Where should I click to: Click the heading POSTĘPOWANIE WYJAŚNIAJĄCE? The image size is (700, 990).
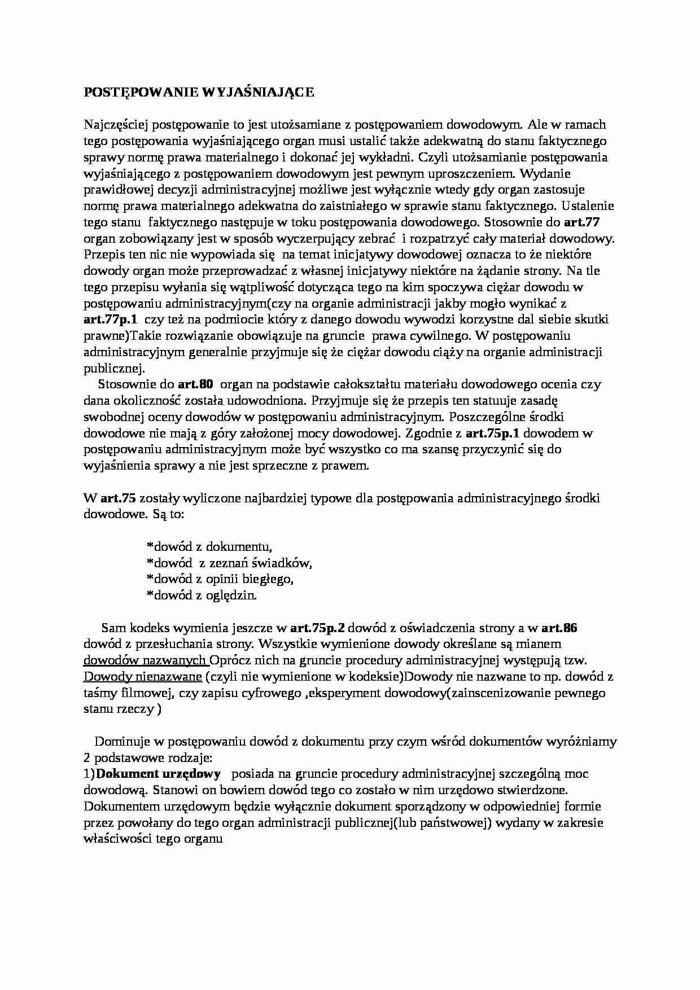[199, 93]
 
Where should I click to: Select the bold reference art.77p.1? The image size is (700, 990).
[110, 319]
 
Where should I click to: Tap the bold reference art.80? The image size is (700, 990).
[195, 385]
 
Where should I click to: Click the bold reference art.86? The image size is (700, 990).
[559, 628]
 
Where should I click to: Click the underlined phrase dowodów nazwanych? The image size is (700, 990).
[145, 660]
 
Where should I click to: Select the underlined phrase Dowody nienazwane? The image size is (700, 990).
[143, 677]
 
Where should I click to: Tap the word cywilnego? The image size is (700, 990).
[444, 336]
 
